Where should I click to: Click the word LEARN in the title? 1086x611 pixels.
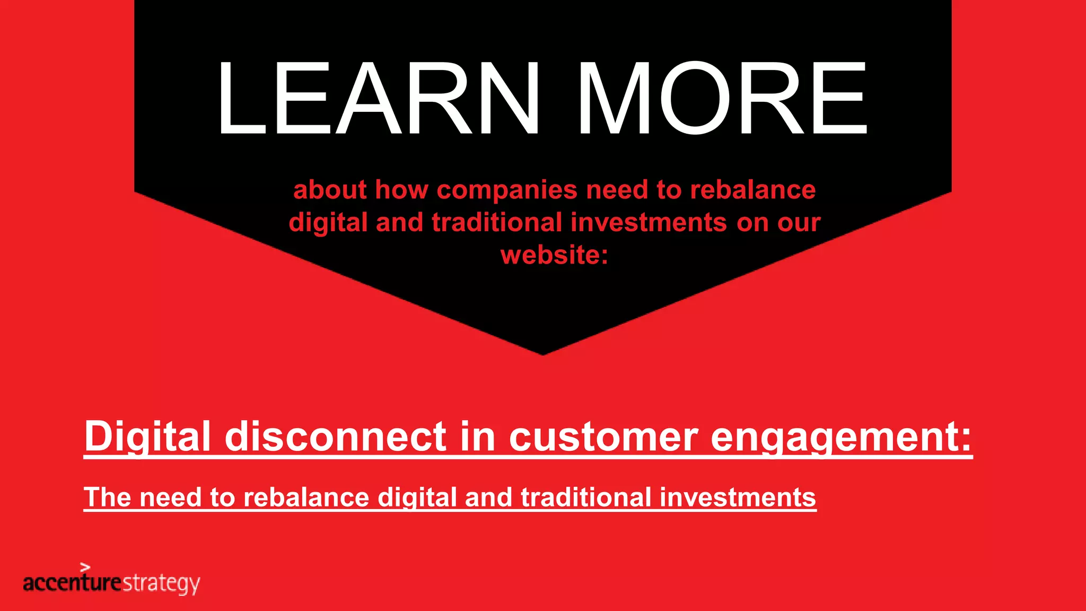379,99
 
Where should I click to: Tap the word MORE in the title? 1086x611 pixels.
722,99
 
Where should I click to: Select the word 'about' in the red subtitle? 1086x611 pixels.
330,190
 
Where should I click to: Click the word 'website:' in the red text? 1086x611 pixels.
555,255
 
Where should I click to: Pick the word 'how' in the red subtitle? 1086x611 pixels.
401,190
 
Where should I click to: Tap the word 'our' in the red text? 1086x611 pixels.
799,222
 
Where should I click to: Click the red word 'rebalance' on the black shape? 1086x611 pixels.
752,190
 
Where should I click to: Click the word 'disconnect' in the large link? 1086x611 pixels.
336,437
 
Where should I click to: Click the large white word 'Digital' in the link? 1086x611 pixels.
147,437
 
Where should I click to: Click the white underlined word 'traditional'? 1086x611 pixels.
586,497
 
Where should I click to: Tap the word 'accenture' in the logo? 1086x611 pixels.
72,583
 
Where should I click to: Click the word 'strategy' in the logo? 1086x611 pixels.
161,583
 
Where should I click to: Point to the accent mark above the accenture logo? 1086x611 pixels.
85,567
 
